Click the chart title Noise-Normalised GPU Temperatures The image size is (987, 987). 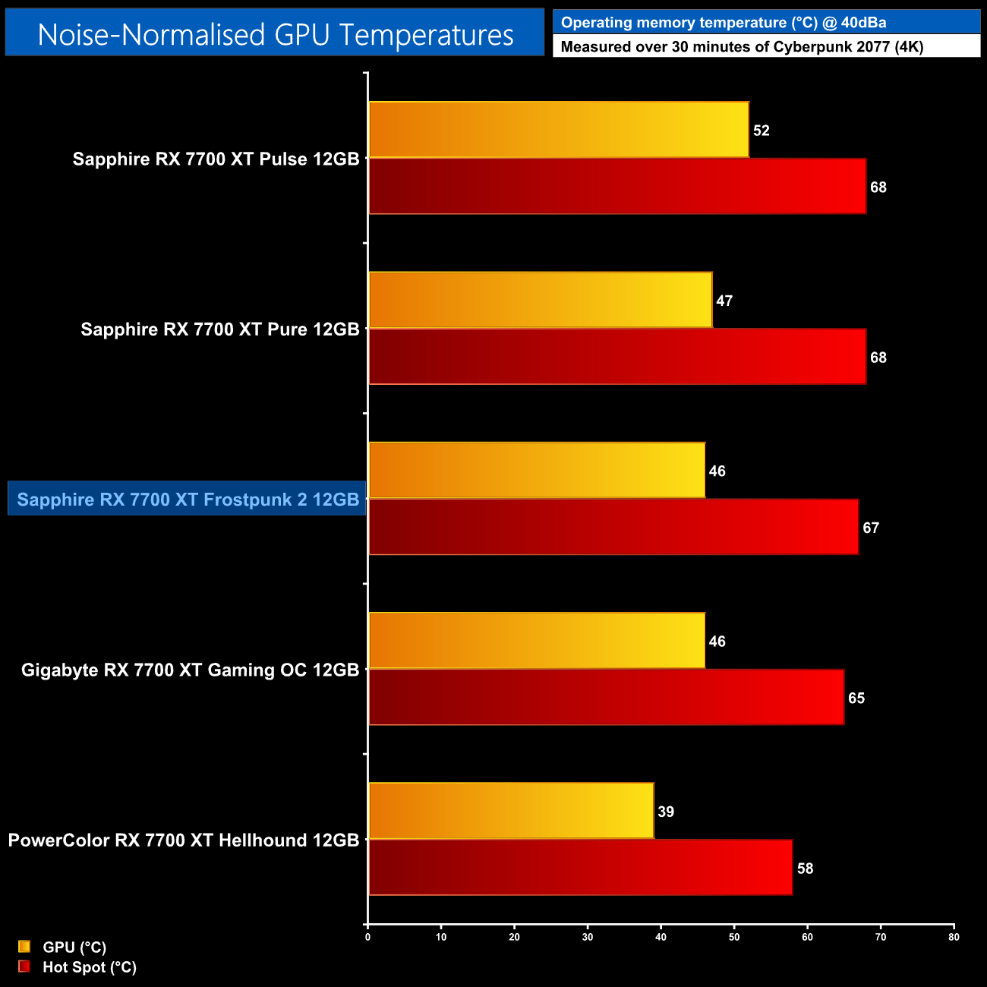275,34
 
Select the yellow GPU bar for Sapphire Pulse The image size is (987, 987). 558,130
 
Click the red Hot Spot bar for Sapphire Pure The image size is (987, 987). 616,357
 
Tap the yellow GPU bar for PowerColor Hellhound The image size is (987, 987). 510,811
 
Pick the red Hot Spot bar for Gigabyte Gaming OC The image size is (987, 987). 606,697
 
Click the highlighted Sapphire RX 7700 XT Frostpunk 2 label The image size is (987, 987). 188,500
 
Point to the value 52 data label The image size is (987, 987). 762,131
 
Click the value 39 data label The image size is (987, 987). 666,812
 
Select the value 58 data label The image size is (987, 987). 805,869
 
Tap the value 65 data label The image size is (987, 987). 856,698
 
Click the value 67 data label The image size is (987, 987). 871,528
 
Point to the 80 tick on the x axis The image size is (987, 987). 954,937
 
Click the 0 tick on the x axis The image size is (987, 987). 367,937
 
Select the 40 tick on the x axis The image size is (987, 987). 661,937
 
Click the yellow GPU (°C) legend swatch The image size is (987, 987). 24,947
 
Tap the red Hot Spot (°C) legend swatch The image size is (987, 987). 24,967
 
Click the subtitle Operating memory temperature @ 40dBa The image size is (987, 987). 724,23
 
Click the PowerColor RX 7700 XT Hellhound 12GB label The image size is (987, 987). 184,840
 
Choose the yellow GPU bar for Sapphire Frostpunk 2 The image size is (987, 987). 536,470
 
